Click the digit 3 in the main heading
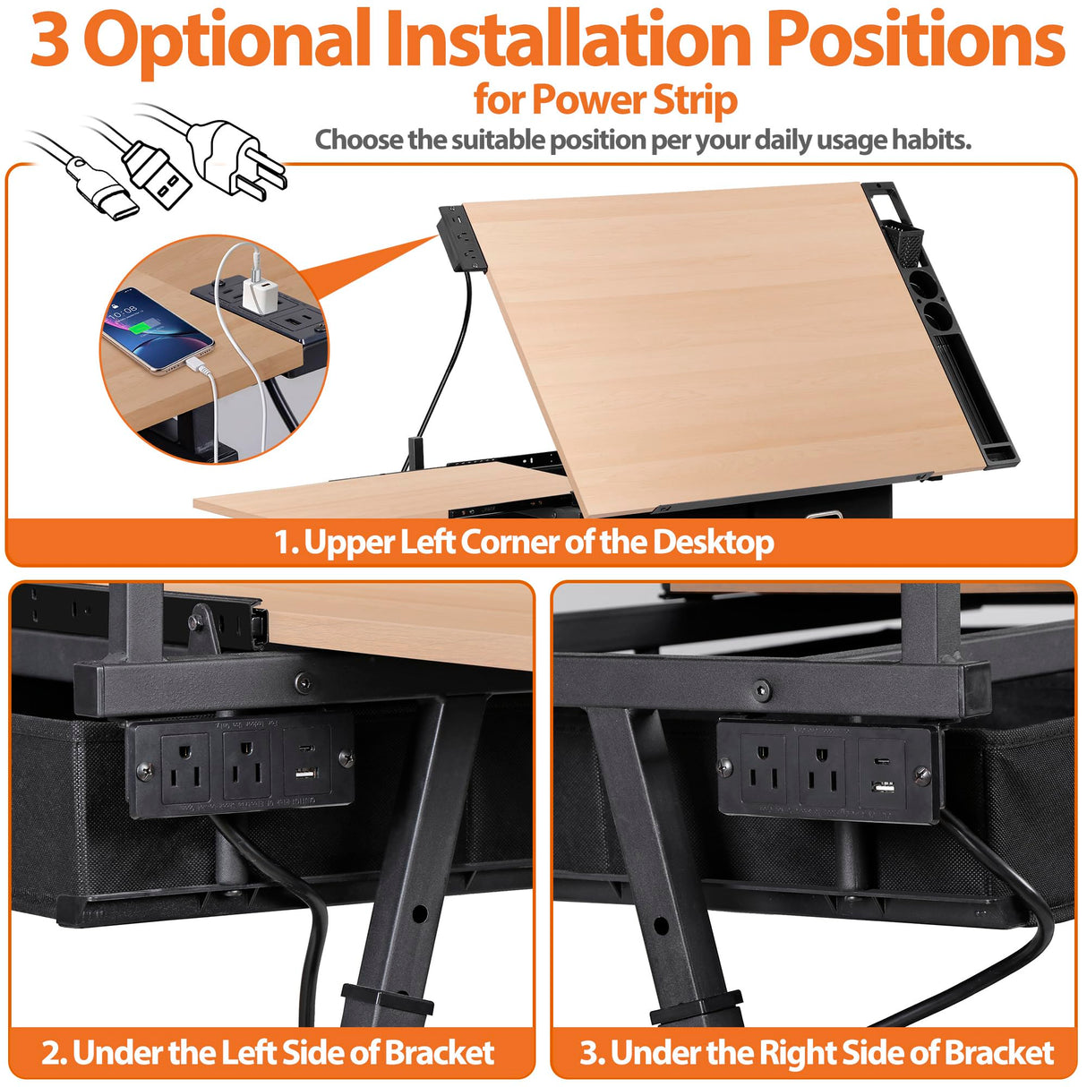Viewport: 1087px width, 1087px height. pyautogui.click(x=50, y=40)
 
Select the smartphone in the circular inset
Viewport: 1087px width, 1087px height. pyautogui.click(x=157, y=329)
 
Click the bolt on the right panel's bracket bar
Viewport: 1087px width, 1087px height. pyautogui.click(x=762, y=690)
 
